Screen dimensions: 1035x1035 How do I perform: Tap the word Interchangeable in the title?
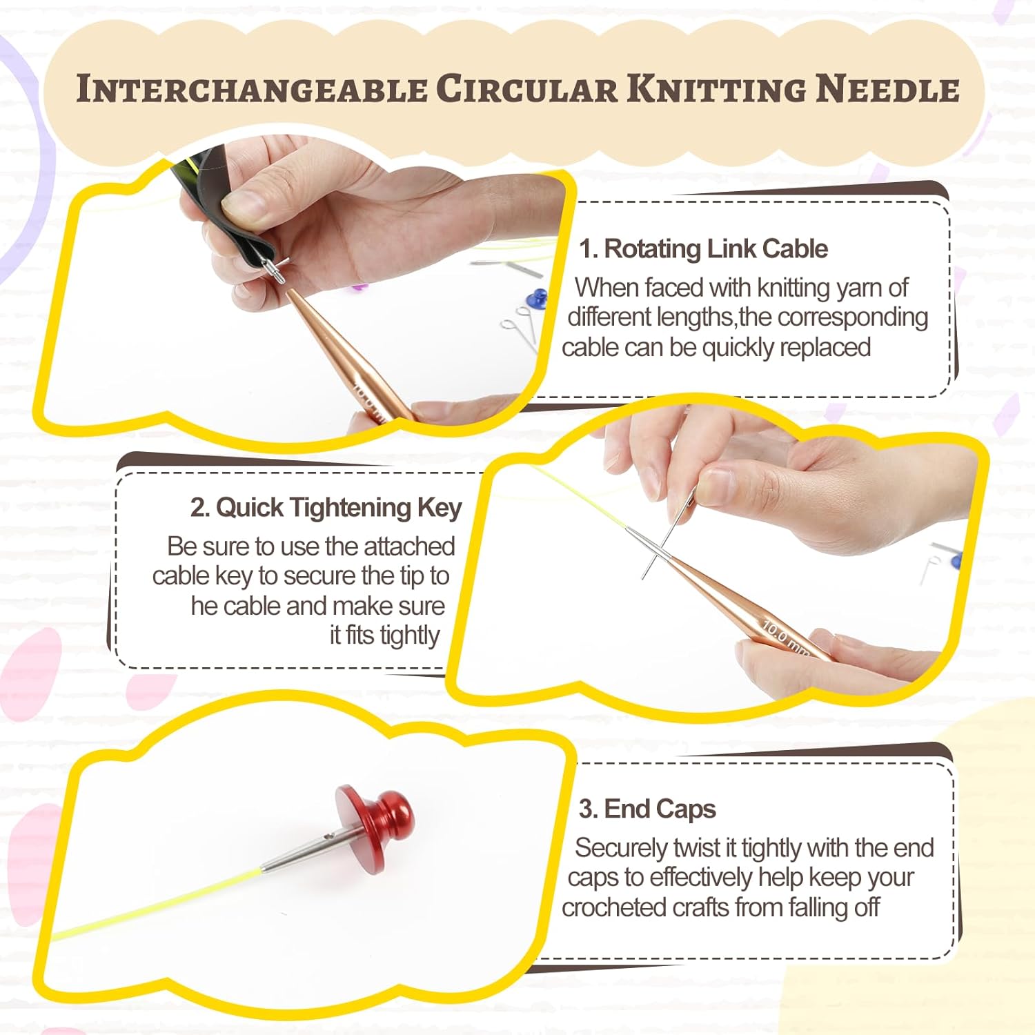[x=251, y=90]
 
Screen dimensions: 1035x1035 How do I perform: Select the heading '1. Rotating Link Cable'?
[x=703, y=249]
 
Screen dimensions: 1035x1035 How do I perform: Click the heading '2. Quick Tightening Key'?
[x=326, y=508]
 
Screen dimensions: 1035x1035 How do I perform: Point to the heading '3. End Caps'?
[x=647, y=809]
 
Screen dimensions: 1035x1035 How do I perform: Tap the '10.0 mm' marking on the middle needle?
[x=785, y=639]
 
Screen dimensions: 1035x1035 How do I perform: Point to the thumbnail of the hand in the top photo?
[x=246, y=205]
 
